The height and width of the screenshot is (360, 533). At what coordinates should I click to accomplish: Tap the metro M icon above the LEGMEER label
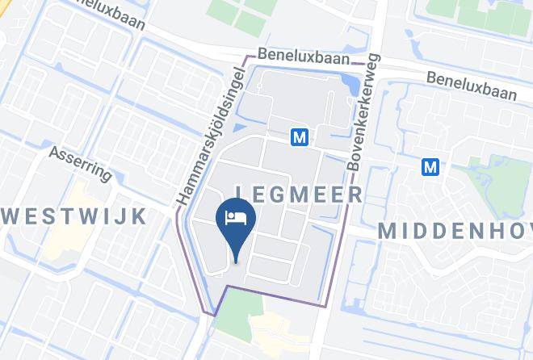pos(300,137)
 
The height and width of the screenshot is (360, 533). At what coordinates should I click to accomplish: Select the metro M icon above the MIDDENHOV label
pos(430,166)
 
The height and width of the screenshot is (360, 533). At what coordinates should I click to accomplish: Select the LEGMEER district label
pos(298,195)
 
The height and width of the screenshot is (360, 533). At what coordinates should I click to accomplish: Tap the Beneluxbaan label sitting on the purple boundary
pos(304,58)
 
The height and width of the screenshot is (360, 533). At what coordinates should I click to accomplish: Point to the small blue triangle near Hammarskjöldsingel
pos(239,127)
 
